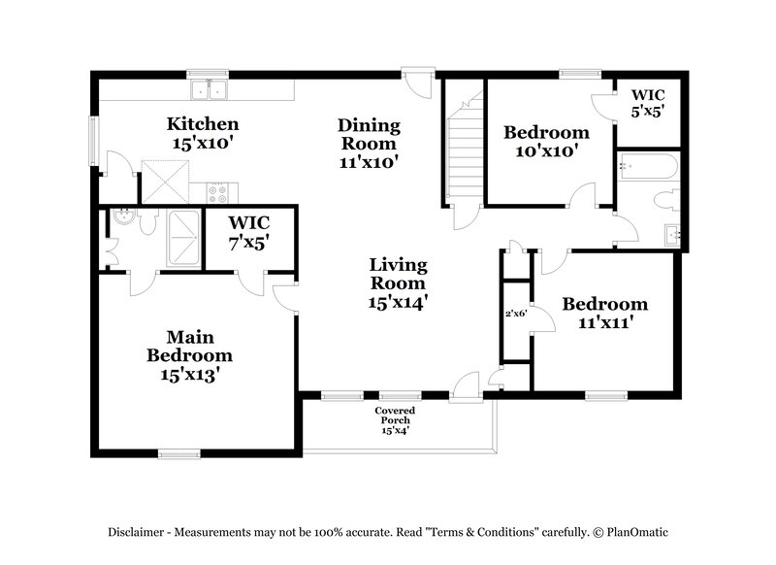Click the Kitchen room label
(203, 133)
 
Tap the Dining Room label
(369, 142)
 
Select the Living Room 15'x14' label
(397, 282)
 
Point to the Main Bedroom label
(189, 355)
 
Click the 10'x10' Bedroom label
(545, 141)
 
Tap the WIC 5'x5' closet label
(648, 103)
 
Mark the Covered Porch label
(396, 420)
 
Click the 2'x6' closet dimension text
(514, 314)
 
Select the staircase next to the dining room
(464, 155)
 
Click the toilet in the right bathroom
(666, 200)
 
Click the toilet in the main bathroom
(147, 222)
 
